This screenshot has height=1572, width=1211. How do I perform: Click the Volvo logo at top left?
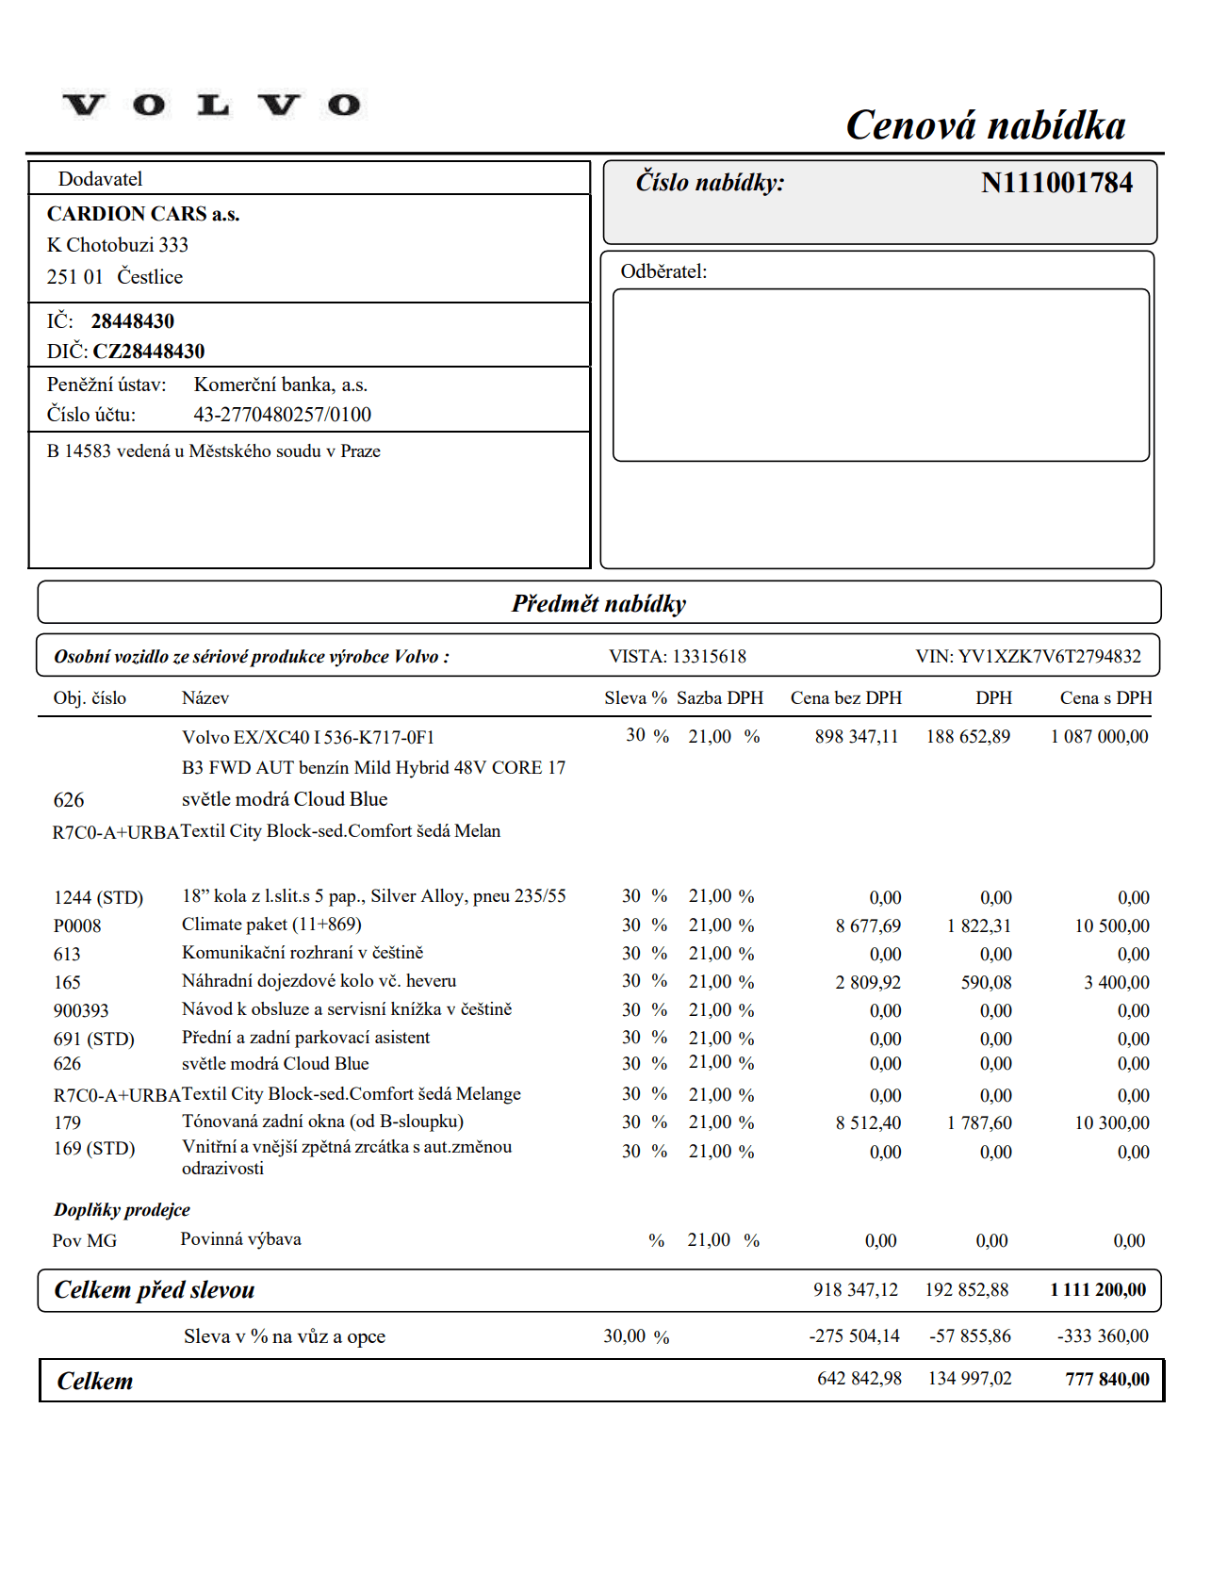(212, 105)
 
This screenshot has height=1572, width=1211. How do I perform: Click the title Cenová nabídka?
(985, 125)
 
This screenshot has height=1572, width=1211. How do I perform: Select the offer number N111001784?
(1056, 183)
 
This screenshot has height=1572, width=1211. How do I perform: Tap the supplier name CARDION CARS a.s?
(143, 214)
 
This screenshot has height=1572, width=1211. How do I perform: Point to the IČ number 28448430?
(133, 321)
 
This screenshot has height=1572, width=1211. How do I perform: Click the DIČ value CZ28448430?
(149, 352)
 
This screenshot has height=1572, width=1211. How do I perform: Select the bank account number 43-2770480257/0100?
(283, 415)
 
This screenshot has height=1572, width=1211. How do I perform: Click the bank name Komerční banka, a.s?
(281, 385)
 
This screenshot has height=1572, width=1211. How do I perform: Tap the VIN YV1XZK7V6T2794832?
(1049, 657)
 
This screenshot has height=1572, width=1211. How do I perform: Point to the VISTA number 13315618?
(709, 657)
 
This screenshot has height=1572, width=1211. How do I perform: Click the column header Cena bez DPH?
(845, 698)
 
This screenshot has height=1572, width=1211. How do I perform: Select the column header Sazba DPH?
(720, 698)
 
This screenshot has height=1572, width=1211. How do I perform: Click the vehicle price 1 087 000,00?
(1099, 737)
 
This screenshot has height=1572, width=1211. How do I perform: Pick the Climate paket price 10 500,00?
(1112, 926)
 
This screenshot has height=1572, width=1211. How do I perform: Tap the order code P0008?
(77, 926)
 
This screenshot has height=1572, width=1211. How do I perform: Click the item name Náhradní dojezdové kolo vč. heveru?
(319, 981)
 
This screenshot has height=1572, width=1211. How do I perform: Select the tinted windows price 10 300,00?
(1112, 1123)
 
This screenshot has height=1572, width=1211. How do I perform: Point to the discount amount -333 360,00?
(1103, 1336)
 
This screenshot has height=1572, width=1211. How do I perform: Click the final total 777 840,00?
(1107, 1380)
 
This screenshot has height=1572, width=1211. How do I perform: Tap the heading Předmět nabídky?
(598, 604)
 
